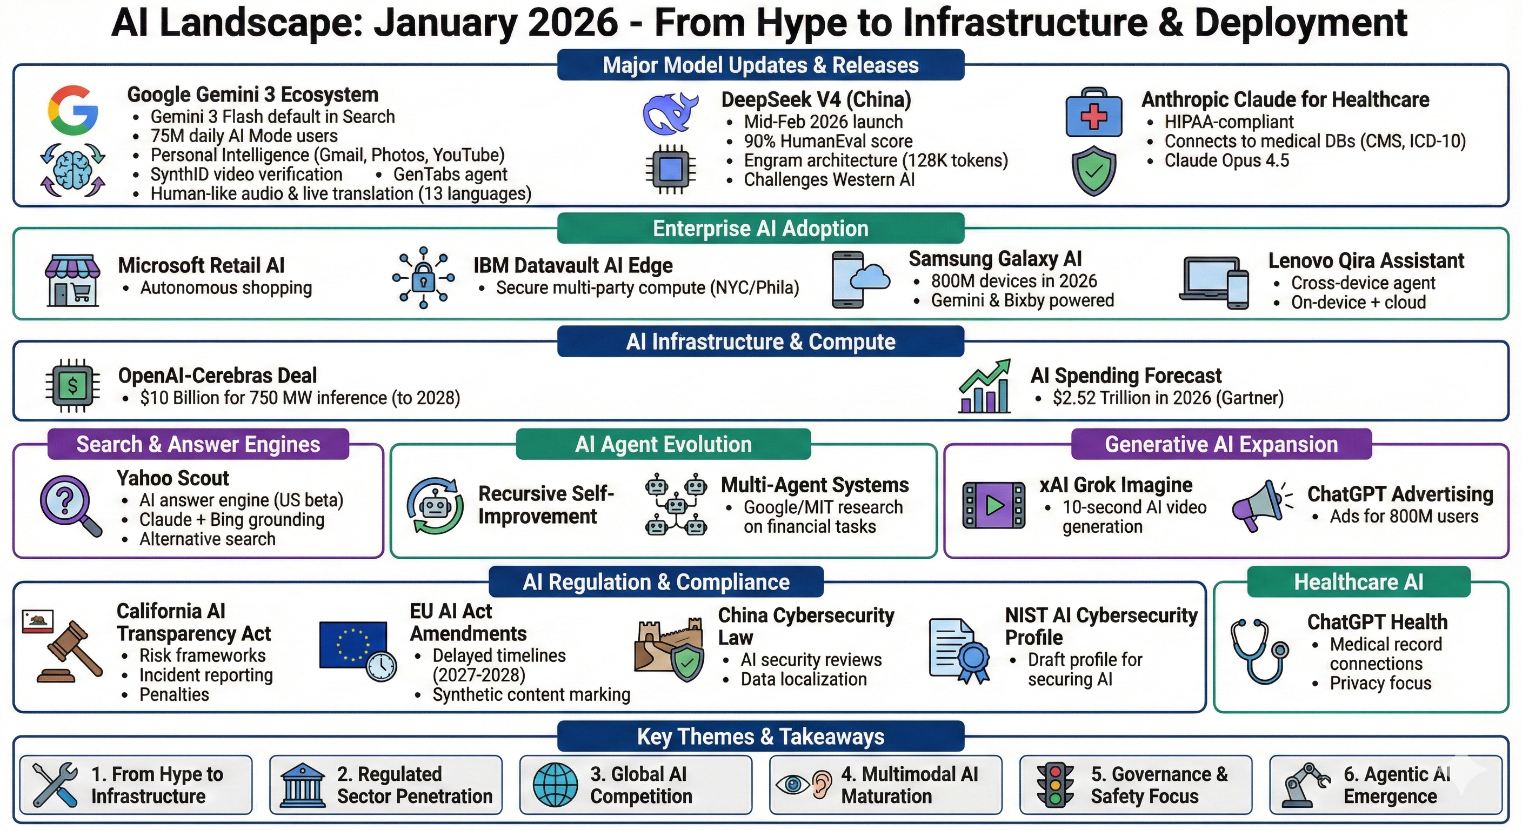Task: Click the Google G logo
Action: (74, 110)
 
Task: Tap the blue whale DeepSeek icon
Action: (671, 113)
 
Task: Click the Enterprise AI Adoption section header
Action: (760, 229)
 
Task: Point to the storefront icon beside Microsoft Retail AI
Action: (72, 280)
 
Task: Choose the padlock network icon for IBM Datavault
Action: (424, 278)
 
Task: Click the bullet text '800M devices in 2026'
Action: (1014, 280)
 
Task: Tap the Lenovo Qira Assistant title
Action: (1366, 260)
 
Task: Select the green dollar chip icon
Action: (72, 386)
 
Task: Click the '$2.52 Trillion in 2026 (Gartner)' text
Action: (1168, 398)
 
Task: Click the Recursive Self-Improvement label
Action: (546, 505)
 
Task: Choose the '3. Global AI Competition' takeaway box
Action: (636, 785)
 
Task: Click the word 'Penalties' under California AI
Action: (174, 695)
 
